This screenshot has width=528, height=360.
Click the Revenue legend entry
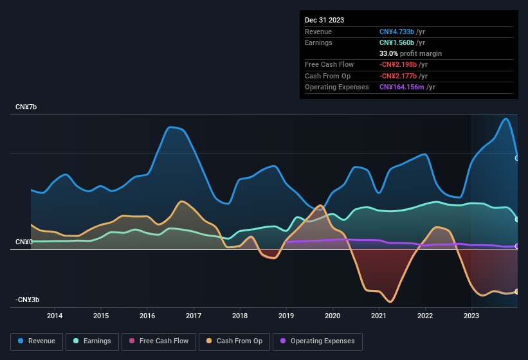tap(37, 341)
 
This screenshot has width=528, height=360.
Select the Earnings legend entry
tap(92, 341)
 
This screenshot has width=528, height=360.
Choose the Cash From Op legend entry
tap(234, 341)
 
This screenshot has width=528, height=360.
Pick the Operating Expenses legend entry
tap(317, 341)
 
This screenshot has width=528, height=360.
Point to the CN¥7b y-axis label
tap(26, 107)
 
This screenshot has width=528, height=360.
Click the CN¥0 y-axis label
tap(24, 242)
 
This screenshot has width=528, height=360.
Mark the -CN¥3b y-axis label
tap(28, 300)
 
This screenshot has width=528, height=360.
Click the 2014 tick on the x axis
tap(55, 316)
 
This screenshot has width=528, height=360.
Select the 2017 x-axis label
tap(194, 316)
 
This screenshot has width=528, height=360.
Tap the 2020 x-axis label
tap(332, 316)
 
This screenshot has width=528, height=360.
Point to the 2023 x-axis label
tap(471, 316)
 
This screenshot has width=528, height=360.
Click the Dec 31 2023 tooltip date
tap(324, 20)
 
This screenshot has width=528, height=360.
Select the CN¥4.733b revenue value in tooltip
tap(402, 32)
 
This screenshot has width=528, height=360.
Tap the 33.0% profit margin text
tap(410, 53)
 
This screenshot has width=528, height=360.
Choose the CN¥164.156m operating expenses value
tap(407, 87)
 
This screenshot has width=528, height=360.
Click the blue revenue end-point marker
tap(517, 157)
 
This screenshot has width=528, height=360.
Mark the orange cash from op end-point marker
tap(517, 291)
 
